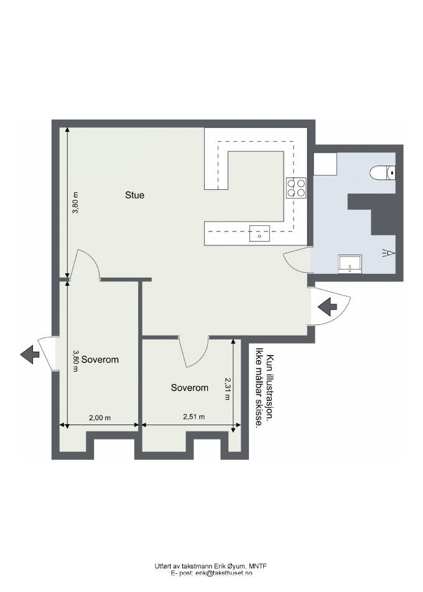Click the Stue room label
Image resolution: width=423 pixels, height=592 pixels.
134,195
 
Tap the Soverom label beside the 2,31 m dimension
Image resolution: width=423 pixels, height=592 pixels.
189,388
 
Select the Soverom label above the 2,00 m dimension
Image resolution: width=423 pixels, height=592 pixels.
100,360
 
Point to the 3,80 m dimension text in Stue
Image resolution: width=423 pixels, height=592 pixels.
76,203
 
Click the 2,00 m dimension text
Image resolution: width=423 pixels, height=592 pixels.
100,418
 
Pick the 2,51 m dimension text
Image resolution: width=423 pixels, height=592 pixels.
193,417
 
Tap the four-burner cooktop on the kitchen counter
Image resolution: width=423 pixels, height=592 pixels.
297,187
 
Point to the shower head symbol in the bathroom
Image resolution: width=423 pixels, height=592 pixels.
389,253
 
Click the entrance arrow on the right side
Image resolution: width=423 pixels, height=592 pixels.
327,306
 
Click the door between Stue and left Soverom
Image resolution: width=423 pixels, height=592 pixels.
85,266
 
